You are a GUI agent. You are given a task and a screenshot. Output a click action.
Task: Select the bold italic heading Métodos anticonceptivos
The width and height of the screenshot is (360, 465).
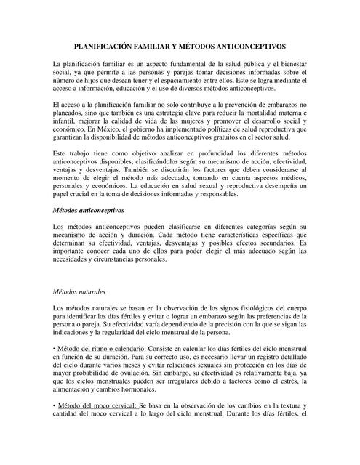[89, 210]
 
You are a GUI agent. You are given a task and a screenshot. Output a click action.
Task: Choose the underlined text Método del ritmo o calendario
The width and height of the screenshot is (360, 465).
[102, 350]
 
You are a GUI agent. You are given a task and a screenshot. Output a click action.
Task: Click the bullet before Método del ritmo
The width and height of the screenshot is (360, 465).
[55, 350]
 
